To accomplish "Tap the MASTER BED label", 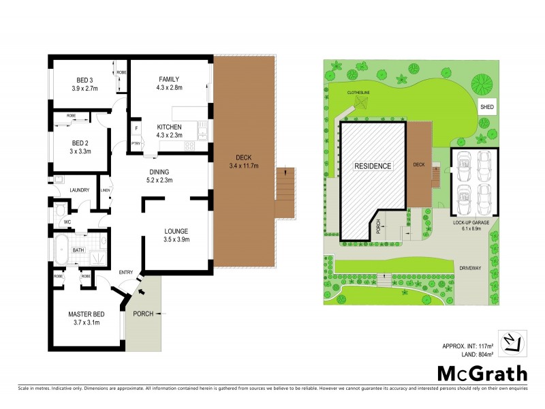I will pyautogui.click(x=84, y=314).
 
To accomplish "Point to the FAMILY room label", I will pyautogui.click(x=170, y=78).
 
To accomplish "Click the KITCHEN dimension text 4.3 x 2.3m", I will pyautogui.click(x=170, y=136).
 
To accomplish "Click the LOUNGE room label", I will pyautogui.click(x=175, y=231).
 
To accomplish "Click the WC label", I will pyautogui.click(x=67, y=222).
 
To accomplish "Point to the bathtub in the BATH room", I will pyautogui.click(x=61, y=250).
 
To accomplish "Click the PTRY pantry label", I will pyautogui.click(x=136, y=144).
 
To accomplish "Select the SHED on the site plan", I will pyautogui.click(x=487, y=107).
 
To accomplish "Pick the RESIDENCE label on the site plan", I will pyautogui.click(x=373, y=166).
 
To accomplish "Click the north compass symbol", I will pyautogui.click(x=512, y=342).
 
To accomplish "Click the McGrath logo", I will pyautogui.click(x=482, y=373).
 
